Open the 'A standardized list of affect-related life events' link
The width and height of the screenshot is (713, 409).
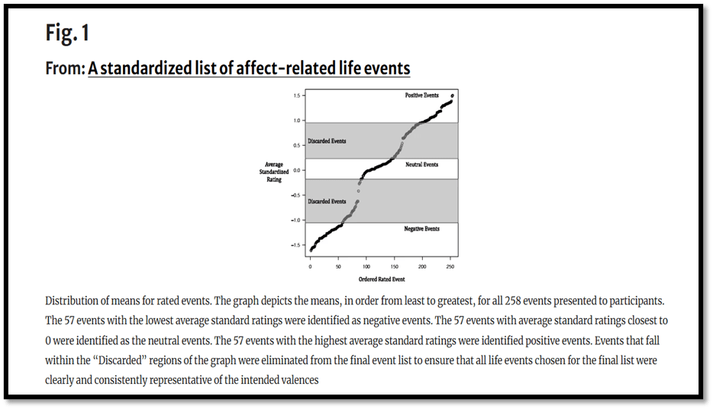(249, 69)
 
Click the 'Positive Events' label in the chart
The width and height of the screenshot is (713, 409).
(421, 95)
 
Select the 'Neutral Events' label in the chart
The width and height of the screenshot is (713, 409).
(421, 165)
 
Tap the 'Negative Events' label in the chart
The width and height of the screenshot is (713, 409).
(421, 229)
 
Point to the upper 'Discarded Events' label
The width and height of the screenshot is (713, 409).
(327, 141)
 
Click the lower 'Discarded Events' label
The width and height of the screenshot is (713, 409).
(327, 201)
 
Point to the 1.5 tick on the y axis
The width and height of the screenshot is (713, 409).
(295, 95)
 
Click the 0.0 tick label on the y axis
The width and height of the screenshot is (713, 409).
(295, 170)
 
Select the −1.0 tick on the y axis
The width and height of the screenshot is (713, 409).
(294, 221)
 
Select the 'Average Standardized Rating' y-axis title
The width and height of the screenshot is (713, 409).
(273, 172)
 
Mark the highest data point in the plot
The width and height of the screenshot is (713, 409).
(452, 95)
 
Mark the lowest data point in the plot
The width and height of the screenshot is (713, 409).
(311, 250)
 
